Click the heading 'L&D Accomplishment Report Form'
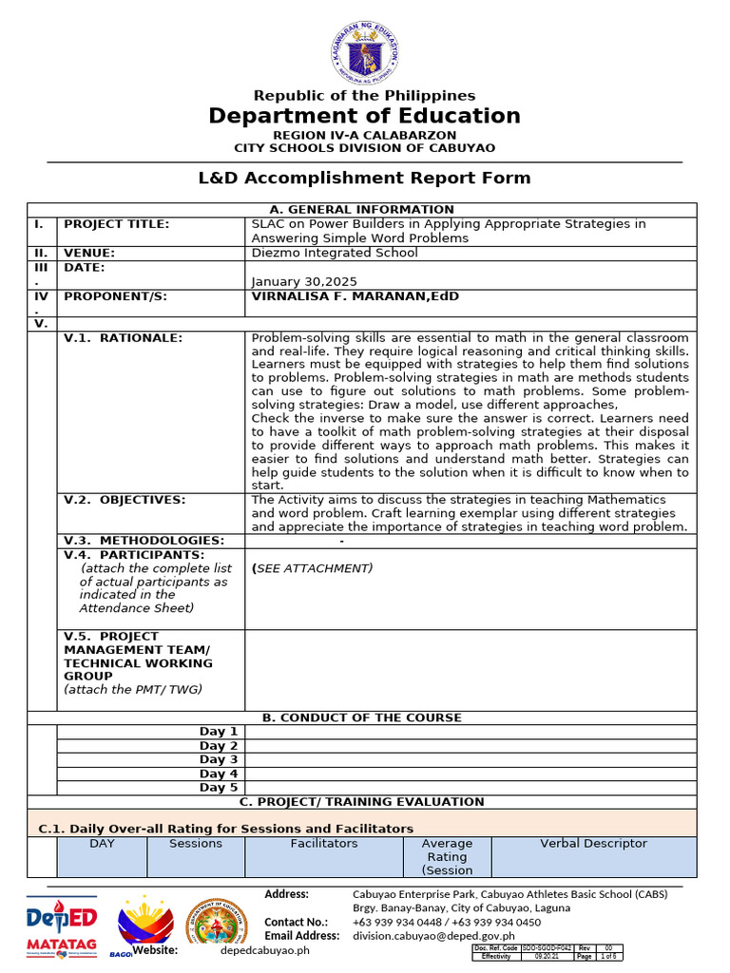[x=365, y=178]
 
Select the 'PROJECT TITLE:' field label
[x=116, y=224]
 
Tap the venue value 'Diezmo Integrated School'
[x=334, y=253]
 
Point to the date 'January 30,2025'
[x=303, y=281]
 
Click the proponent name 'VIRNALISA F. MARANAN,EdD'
[x=355, y=296]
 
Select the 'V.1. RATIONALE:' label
[x=123, y=337]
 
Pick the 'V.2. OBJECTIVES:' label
[x=125, y=500]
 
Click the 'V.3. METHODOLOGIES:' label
[x=144, y=541]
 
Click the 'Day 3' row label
[x=219, y=759]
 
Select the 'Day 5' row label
[x=219, y=788]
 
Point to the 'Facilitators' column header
[x=324, y=844]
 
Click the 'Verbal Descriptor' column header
[x=593, y=844]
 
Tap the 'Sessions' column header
[x=196, y=844]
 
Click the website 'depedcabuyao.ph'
[x=265, y=950]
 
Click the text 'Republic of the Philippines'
[x=364, y=95]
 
